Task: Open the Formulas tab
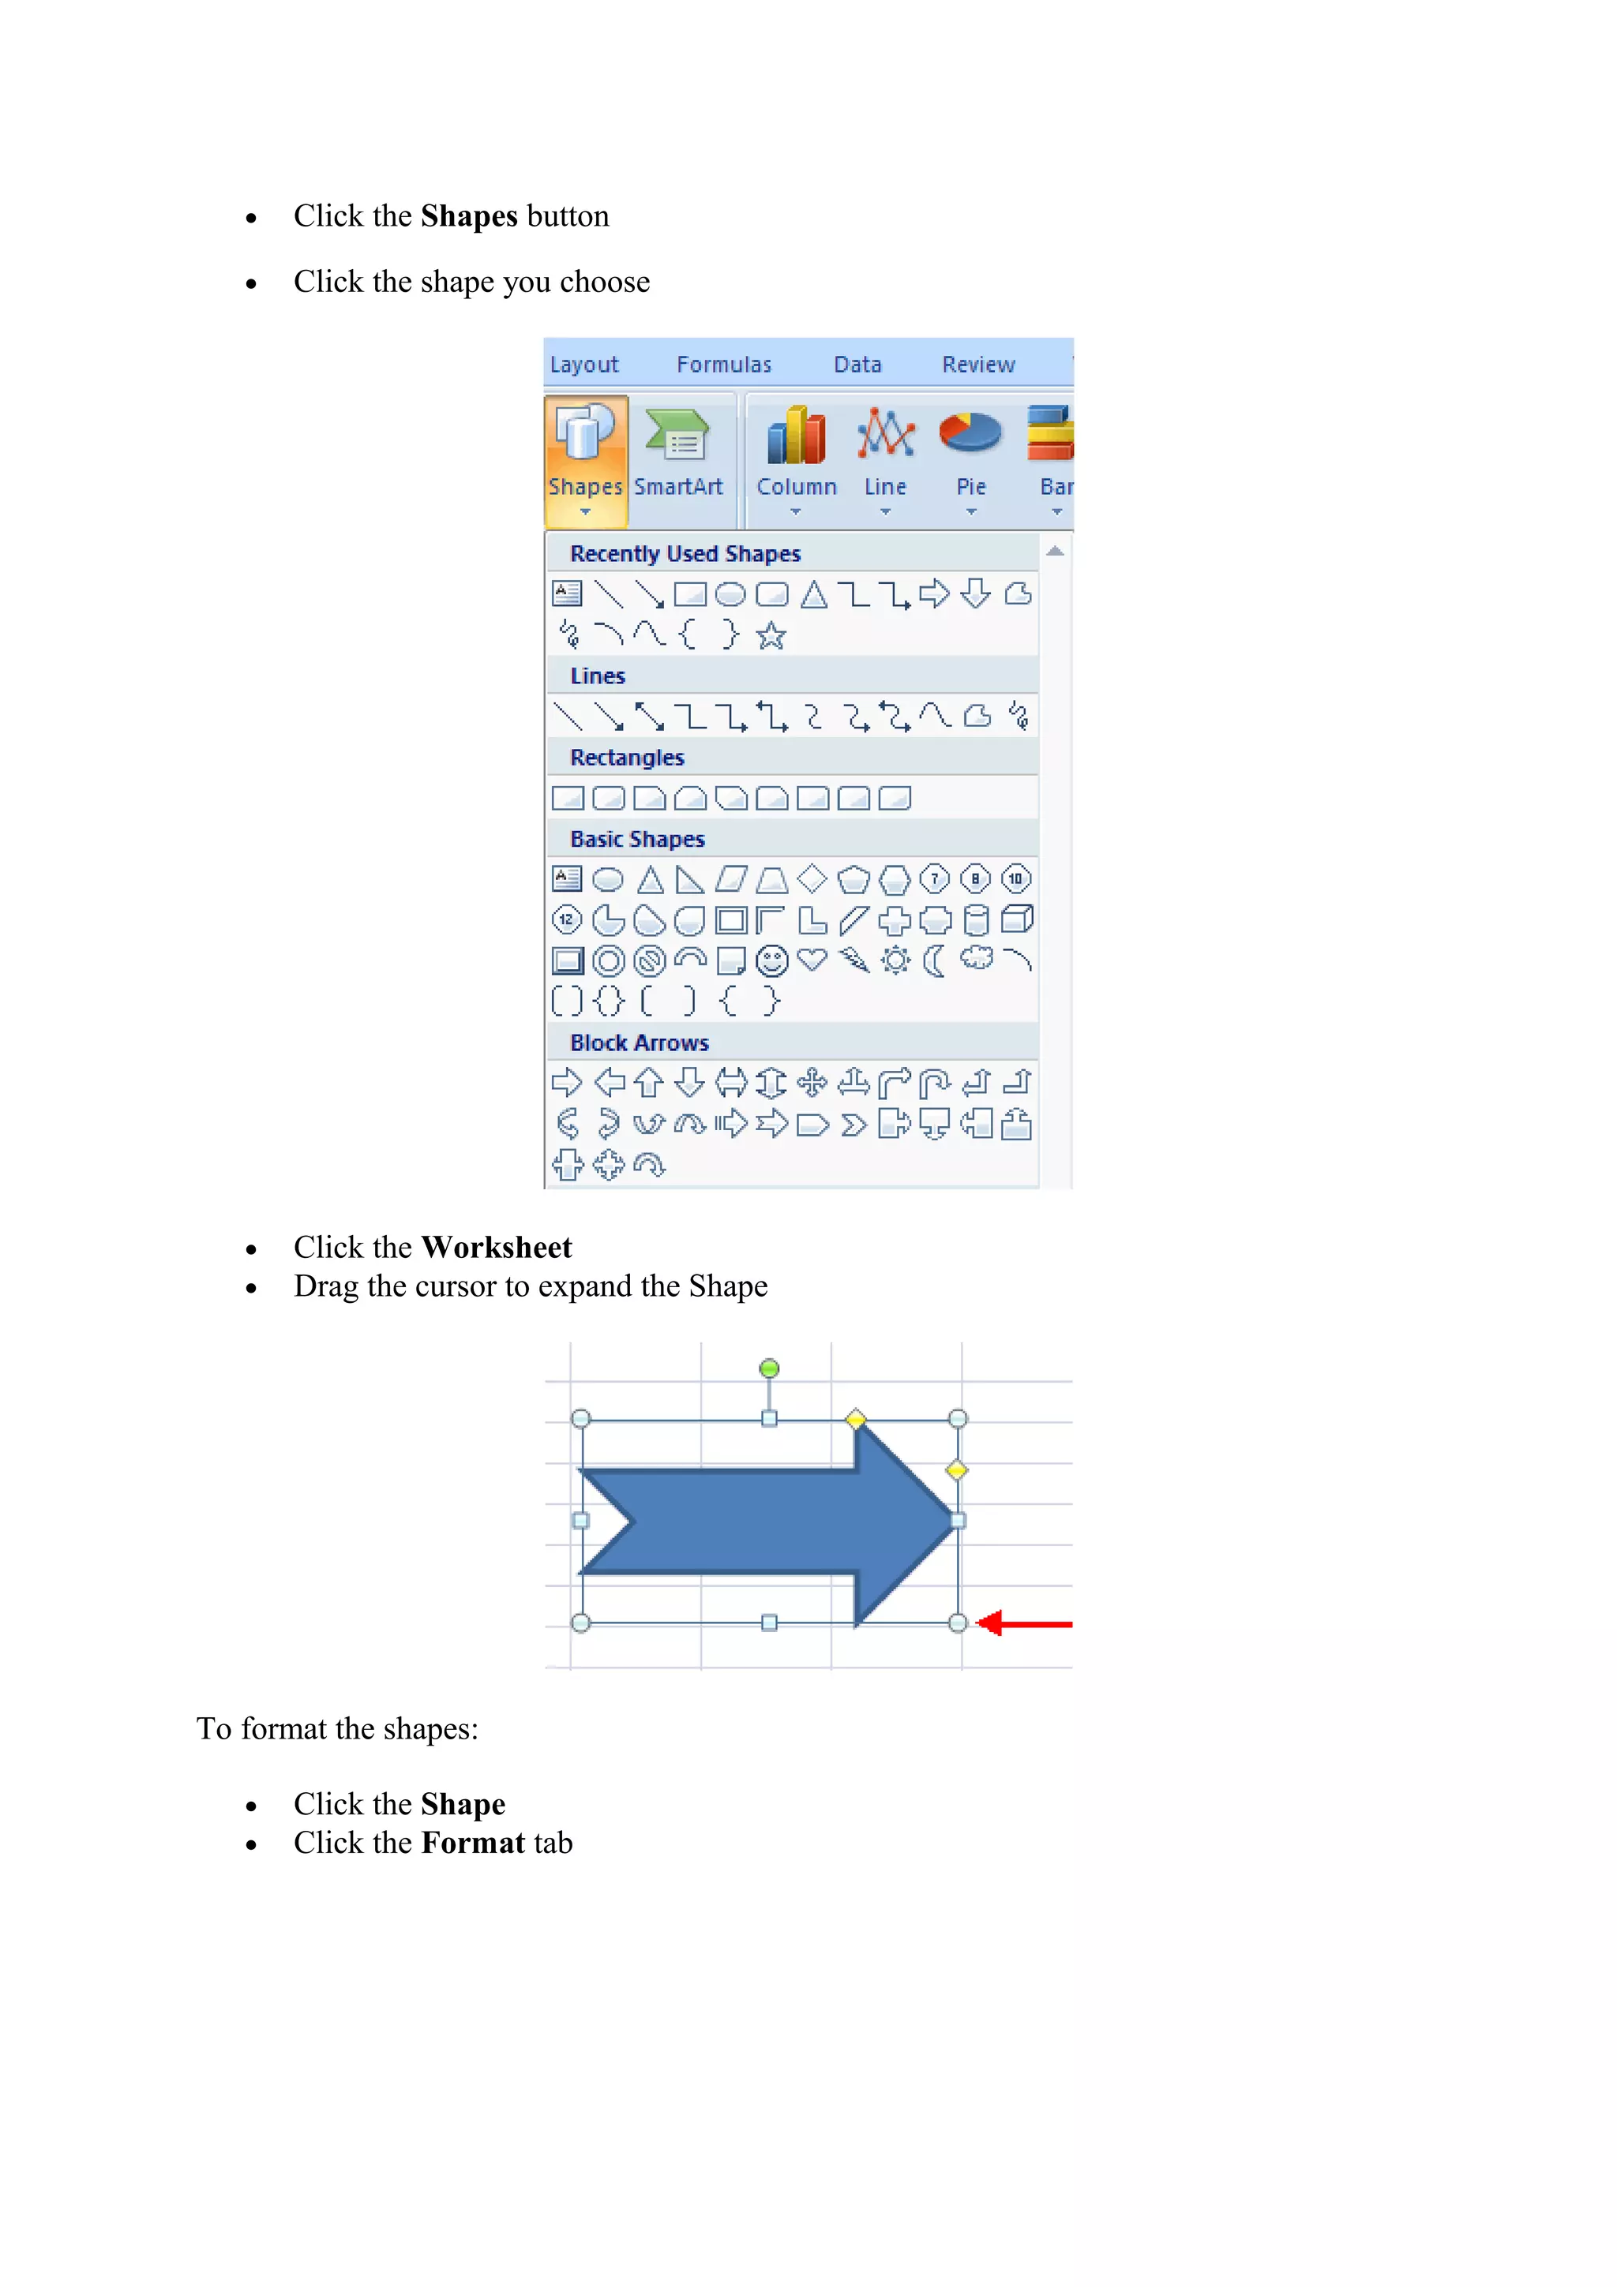pos(723,365)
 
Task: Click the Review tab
pos(977,365)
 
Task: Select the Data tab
pos(857,365)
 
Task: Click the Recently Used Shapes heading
pos(685,554)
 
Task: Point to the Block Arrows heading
pos(639,1043)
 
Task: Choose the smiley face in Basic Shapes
pos(771,960)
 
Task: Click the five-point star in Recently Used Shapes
pos(771,635)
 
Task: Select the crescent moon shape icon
pos(935,960)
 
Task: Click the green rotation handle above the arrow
pos(769,1368)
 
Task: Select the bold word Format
pos(473,1843)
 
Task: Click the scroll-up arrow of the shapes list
pos(1055,551)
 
